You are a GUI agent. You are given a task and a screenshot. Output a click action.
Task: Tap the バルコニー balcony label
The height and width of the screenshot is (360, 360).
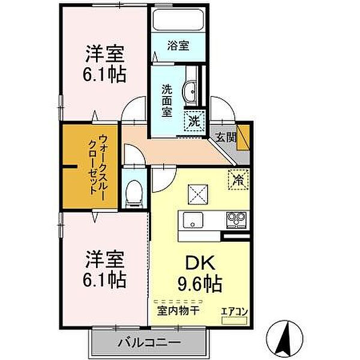click(x=149, y=343)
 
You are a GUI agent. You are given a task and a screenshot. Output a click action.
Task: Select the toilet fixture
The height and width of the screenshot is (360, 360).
click(x=134, y=193)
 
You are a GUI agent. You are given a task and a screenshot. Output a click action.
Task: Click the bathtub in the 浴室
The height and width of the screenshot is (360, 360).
click(x=178, y=20)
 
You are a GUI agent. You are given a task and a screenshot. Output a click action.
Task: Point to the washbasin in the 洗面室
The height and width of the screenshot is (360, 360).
click(x=190, y=91)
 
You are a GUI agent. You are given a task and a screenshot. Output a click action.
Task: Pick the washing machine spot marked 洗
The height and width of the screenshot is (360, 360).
click(x=194, y=121)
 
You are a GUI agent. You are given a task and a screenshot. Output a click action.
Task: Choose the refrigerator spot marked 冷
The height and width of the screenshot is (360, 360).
click(x=238, y=179)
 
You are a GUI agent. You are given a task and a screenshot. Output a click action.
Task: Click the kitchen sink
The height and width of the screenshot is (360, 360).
click(x=193, y=220)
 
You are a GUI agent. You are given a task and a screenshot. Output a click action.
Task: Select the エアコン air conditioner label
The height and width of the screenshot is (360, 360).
click(x=235, y=312)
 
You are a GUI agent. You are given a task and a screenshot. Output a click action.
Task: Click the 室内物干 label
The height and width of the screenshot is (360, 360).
click(x=178, y=311)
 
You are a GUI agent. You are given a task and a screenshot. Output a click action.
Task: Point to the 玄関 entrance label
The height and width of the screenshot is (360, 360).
click(x=226, y=137)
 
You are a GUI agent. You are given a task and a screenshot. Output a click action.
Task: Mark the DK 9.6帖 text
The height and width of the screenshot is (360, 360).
click(x=200, y=274)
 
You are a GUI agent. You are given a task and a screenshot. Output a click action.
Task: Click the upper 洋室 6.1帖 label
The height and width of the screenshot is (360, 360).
click(x=104, y=64)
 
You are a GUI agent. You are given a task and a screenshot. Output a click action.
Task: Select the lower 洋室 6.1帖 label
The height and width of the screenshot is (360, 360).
click(x=104, y=269)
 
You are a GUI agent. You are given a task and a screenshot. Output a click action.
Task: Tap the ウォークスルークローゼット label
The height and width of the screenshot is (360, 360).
click(x=97, y=164)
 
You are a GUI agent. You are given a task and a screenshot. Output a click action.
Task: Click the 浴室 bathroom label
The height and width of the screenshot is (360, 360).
click(x=178, y=46)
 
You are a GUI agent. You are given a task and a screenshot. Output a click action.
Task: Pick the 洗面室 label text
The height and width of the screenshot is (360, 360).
click(x=167, y=101)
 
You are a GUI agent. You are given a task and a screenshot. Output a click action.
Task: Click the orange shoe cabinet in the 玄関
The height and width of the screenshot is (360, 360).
click(x=244, y=137)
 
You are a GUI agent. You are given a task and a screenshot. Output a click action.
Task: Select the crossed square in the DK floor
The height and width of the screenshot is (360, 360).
click(x=198, y=194)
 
